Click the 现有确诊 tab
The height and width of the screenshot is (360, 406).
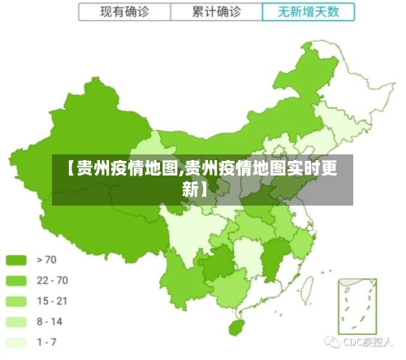[123, 13]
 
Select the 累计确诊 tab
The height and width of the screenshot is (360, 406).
[217, 13]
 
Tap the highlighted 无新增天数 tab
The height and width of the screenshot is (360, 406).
[309, 13]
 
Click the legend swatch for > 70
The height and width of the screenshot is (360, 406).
[17, 260]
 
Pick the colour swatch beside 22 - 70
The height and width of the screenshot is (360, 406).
[17, 280]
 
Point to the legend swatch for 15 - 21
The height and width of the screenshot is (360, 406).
[17, 301]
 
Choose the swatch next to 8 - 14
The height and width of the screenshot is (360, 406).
[17, 322]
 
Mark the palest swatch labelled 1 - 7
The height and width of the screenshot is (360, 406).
[17, 342]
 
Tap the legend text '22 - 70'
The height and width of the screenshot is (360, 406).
[52, 280]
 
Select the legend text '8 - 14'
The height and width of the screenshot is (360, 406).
[50, 322]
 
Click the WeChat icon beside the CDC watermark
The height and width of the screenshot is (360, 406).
[332, 343]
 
